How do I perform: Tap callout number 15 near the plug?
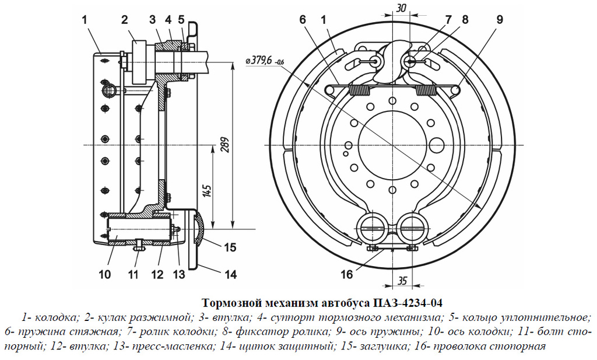[230, 247]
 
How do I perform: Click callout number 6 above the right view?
[303, 19]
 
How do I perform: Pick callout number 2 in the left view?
[124, 19]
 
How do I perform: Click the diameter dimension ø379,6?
[265, 60]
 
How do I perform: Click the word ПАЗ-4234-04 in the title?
[403, 303]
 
